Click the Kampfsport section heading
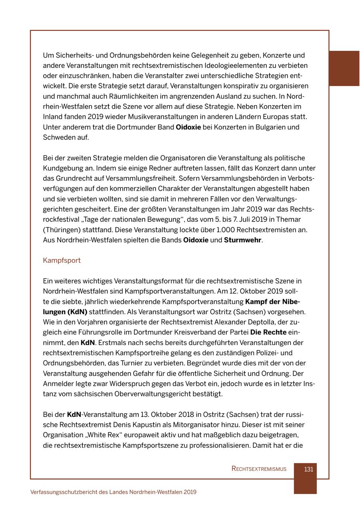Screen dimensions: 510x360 coord(62,261)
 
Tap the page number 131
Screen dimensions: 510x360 coord(308,469)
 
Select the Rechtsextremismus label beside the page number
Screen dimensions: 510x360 coord(259,469)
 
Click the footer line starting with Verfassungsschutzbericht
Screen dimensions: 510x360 coord(113,492)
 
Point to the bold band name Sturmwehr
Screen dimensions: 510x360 coord(242,240)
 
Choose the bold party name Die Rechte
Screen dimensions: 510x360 coord(268,333)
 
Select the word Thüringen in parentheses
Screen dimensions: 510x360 coord(62,230)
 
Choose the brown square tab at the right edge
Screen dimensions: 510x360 coord(344,68)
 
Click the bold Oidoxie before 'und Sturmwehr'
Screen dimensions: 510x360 coord(196,240)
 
